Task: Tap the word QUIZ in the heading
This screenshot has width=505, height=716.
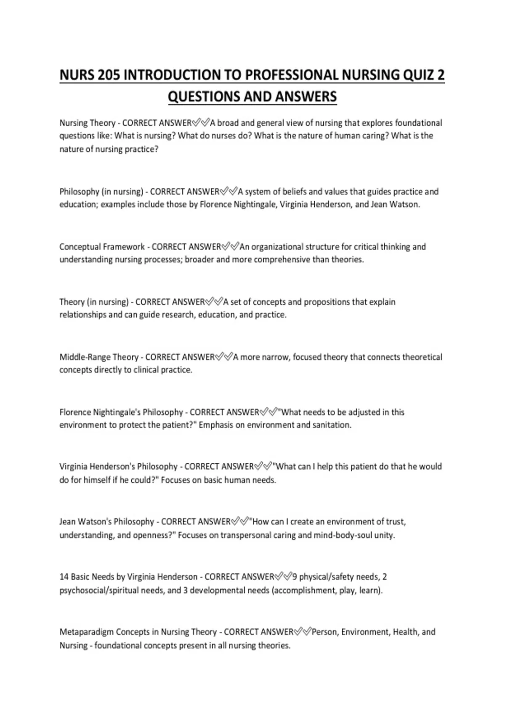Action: click(419, 75)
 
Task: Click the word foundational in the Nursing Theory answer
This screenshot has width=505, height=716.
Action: click(418, 123)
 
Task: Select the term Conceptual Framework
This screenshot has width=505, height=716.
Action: click(102, 247)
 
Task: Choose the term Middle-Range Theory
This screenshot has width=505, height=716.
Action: click(99, 357)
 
